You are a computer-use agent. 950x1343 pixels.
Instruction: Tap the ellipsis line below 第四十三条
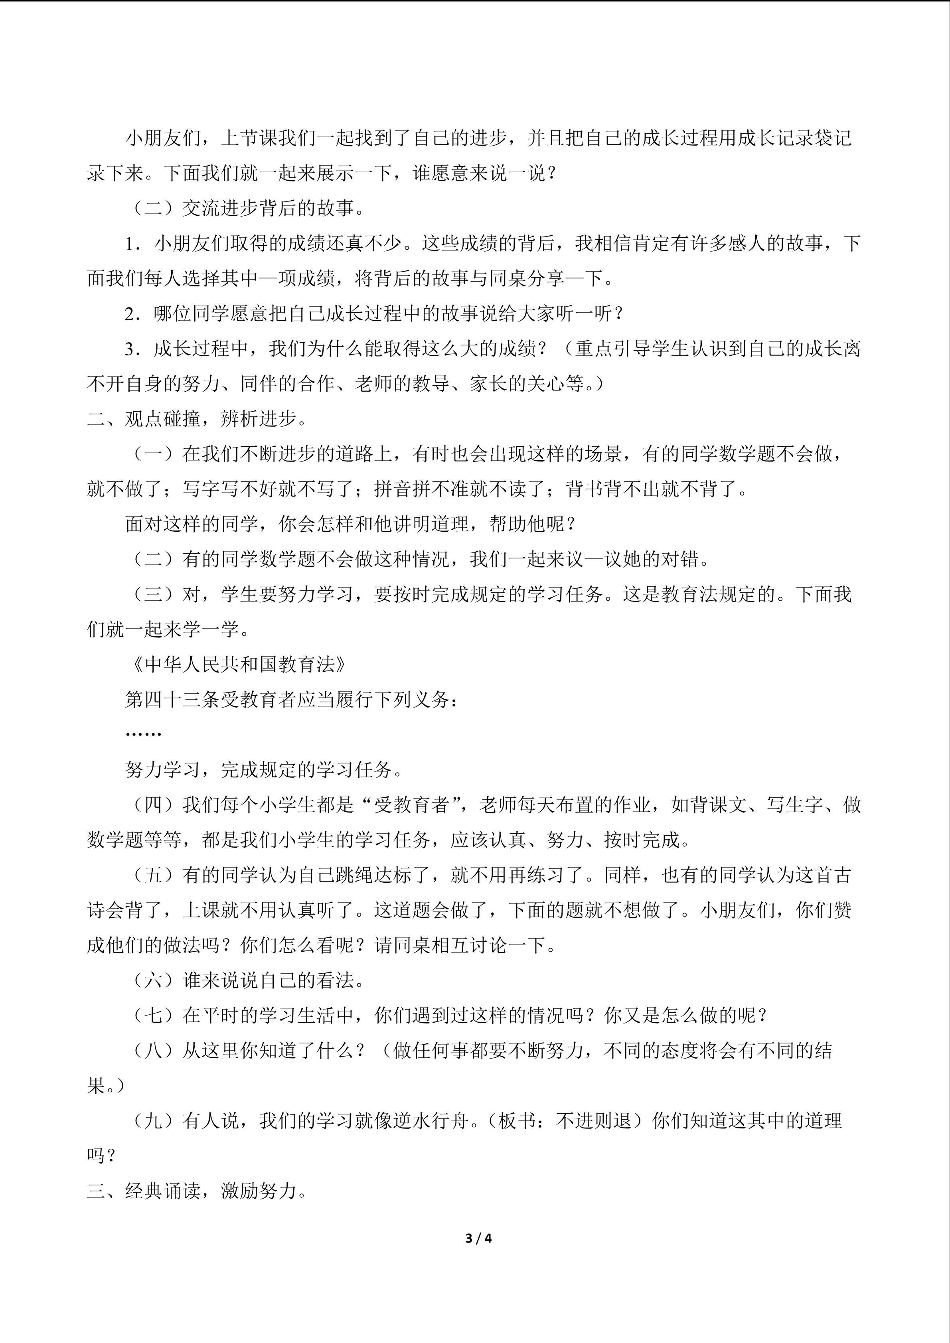[x=143, y=734]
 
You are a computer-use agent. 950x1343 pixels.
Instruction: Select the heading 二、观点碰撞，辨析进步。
[x=197, y=419]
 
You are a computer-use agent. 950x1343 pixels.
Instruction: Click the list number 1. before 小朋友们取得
[x=133, y=243]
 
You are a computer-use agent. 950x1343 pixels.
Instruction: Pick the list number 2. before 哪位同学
[x=133, y=314]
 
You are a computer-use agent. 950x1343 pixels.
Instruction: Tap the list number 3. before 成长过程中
[x=133, y=349]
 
